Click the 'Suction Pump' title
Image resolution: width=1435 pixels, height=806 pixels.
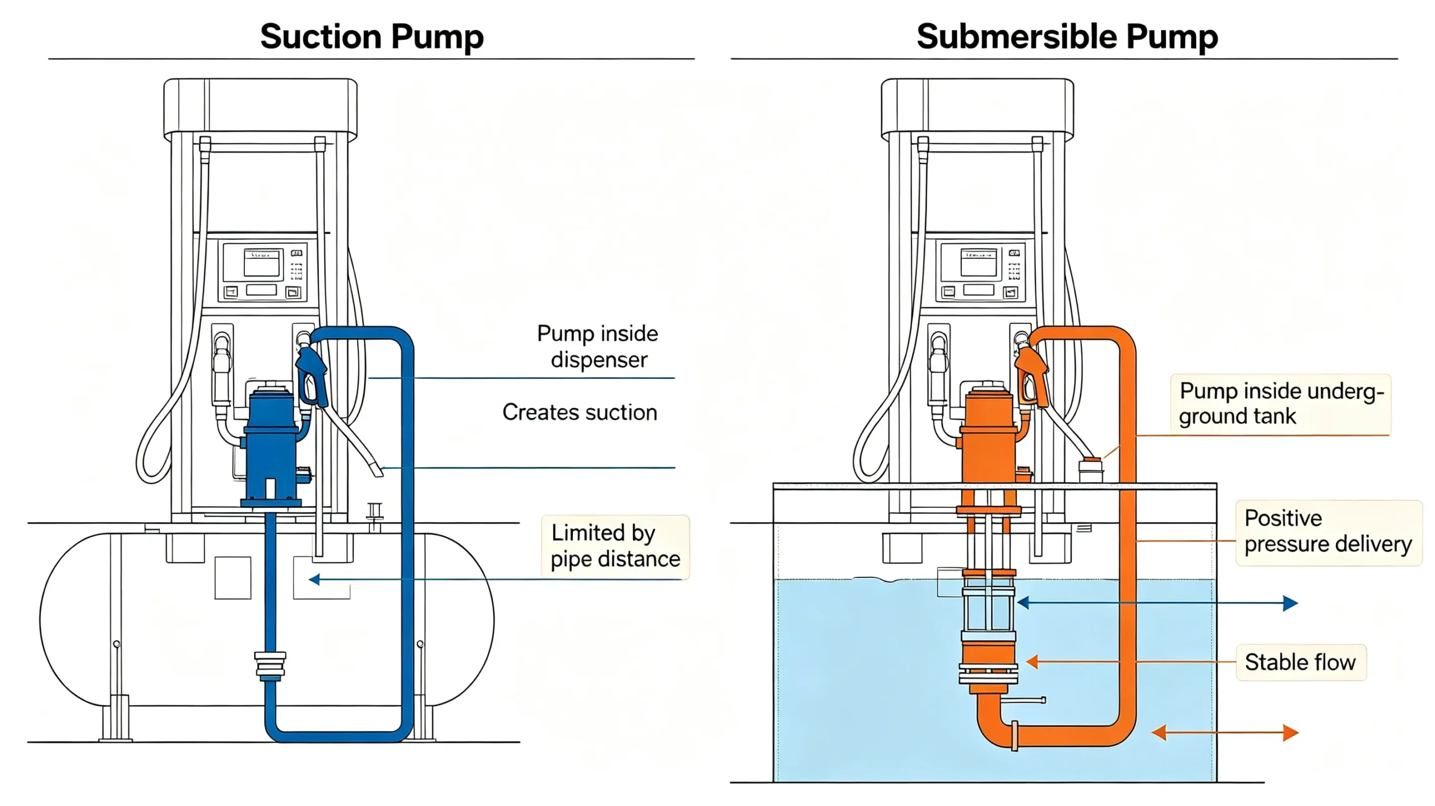[x=372, y=37]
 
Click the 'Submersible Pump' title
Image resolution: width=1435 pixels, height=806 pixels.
[x=1067, y=37]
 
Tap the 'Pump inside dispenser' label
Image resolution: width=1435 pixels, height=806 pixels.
[x=598, y=346]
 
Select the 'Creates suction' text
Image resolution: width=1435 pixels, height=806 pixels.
[x=580, y=412]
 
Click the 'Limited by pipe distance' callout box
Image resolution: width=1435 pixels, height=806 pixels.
[x=615, y=546]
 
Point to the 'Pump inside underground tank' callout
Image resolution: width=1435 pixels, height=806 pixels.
[x=1281, y=404]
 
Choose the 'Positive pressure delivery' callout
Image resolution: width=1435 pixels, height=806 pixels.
[x=1329, y=532]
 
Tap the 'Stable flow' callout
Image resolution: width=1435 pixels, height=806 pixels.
[x=1301, y=663]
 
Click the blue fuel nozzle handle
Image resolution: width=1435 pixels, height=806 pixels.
[x=312, y=374]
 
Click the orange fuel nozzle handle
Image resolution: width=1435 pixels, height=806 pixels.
[x=1031, y=374]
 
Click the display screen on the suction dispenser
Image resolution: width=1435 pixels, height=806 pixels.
[x=261, y=263]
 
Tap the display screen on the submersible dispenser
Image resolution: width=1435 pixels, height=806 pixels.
[x=979, y=263]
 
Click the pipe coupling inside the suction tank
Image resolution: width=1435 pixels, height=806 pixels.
[x=270, y=666]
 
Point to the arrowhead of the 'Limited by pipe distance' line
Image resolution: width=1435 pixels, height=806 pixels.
[x=314, y=579]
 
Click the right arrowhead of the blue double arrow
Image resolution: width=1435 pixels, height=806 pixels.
[x=1290, y=603]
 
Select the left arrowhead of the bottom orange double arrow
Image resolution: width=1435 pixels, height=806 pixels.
[x=1159, y=732]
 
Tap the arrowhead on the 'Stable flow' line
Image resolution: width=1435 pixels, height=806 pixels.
[x=1032, y=662]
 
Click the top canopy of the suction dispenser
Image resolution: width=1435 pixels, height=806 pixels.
[x=261, y=109]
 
